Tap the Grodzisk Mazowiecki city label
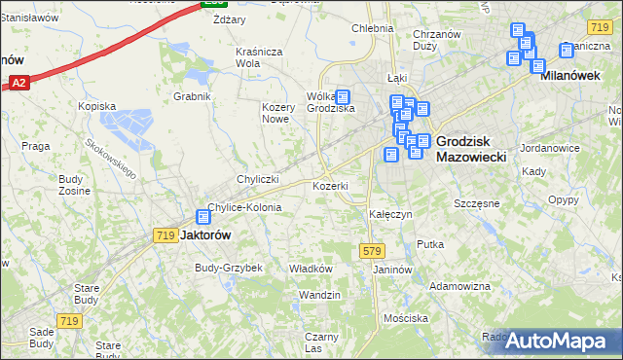click(471, 148)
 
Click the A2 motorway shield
click(19, 84)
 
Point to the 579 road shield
click(371, 251)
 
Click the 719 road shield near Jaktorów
click(165, 235)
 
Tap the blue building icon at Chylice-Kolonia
click(203, 218)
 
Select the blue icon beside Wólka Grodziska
click(342, 97)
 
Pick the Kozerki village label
click(330, 185)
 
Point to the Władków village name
click(311, 269)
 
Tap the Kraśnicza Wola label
click(258, 57)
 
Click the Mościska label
click(406, 318)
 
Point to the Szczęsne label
click(477, 203)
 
